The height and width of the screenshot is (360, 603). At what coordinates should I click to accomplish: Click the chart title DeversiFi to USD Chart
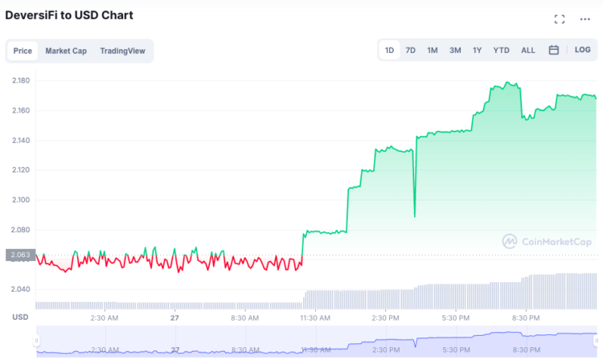tap(69, 15)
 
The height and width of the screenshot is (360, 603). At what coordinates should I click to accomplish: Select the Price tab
tap(23, 51)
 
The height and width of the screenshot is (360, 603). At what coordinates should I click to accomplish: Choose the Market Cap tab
tap(66, 51)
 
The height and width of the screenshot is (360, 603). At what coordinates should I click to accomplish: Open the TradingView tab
tap(122, 51)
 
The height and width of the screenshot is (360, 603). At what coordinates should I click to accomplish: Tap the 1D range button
tap(389, 50)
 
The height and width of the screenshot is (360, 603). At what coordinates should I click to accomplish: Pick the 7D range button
tap(410, 50)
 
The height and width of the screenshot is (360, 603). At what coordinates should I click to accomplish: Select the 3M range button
tap(455, 50)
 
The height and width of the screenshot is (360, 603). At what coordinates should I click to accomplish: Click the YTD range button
tap(501, 50)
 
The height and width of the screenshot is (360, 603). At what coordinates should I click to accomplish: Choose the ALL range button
tap(527, 50)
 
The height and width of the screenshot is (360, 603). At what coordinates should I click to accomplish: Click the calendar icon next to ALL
tap(554, 50)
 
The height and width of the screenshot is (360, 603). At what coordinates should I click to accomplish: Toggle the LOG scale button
tap(582, 50)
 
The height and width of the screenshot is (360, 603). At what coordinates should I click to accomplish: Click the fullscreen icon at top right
tap(560, 18)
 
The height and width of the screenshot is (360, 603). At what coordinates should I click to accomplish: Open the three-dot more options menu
tap(585, 18)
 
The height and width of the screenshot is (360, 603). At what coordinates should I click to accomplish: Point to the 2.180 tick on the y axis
tap(21, 80)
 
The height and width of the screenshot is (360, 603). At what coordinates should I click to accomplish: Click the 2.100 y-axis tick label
tap(21, 200)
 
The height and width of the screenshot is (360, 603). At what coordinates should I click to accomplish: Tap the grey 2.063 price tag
tap(19, 256)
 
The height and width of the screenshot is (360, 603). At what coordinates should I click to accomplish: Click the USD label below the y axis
tap(20, 317)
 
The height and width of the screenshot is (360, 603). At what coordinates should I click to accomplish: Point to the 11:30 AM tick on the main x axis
tap(314, 317)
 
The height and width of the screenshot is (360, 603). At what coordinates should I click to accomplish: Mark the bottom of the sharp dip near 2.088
tap(415, 216)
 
